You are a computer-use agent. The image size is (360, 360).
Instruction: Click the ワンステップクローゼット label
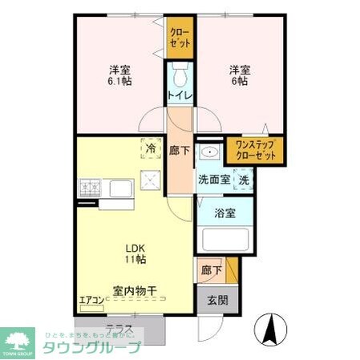tap(253, 150)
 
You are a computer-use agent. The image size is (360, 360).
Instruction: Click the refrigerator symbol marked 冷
tap(150, 148)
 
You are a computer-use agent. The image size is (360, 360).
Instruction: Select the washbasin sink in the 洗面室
tap(210, 153)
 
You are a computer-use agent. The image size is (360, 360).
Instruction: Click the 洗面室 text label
tap(214, 180)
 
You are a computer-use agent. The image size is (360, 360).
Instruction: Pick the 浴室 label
tap(225, 212)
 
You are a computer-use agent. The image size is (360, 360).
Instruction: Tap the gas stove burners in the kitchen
tap(90, 188)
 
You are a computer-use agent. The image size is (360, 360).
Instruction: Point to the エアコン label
tap(91, 301)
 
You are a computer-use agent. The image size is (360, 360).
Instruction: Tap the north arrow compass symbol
tap(270, 329)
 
